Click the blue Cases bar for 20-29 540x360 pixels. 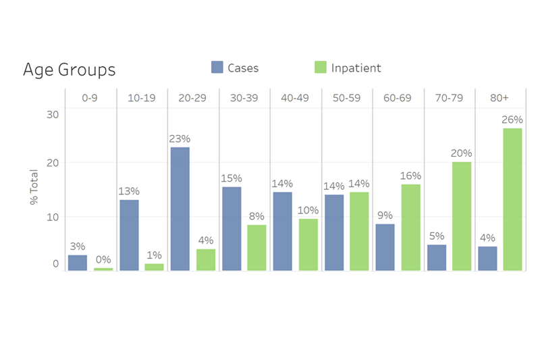tap(180, 209)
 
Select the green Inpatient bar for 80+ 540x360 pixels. tap(512, 199)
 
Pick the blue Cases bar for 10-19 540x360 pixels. tap(129, 235)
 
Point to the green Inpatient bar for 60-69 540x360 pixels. tap(410, 228)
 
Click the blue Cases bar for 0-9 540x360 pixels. tap(78, 263)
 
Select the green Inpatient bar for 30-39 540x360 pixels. tap(256, 247)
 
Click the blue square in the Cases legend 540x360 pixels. tap(217, 67)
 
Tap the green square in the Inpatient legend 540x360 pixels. tap(321, 67)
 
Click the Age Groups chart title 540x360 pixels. tap(69, 70)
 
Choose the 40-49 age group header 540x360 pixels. tap(296, 98)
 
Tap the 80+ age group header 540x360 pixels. tap(500, 98)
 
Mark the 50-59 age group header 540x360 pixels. tap(346, 98)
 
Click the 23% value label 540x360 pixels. tap(180, 139)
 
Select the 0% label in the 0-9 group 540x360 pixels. tap(103, 260)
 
